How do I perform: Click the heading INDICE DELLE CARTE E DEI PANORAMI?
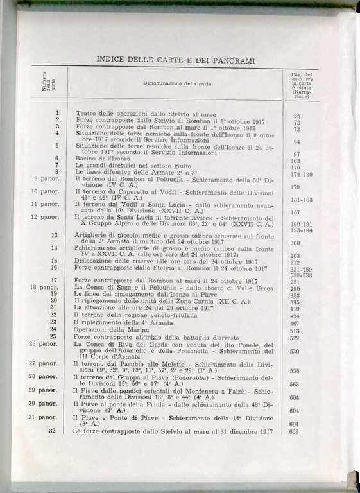click(175, 60)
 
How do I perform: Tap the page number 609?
click(296, 431)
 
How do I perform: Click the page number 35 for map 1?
click(297, 116)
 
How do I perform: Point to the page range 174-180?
click(302, 174)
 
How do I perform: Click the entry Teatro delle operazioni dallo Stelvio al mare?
click(147, 114)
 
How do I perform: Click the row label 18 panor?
click(44, 287)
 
